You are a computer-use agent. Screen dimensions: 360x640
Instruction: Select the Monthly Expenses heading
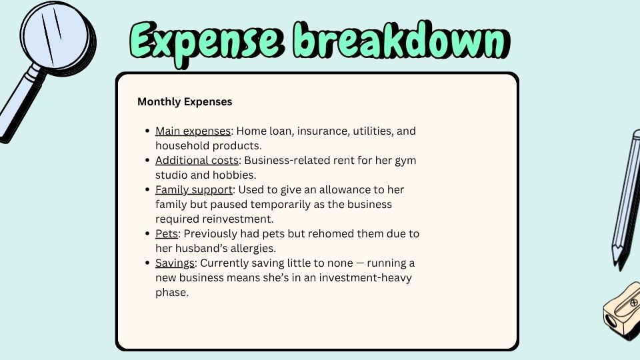(185, 102)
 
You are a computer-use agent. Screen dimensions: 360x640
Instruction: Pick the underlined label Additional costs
(197, 161)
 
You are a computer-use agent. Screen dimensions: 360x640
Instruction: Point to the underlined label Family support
(194, 190)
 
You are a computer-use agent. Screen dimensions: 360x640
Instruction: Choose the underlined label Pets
(167, 233)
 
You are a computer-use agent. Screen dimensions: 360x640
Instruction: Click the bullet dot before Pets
(147, 234)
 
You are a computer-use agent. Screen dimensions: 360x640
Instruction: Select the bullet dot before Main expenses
(147, 132)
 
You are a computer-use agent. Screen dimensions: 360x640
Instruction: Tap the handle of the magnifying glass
(15, 110)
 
